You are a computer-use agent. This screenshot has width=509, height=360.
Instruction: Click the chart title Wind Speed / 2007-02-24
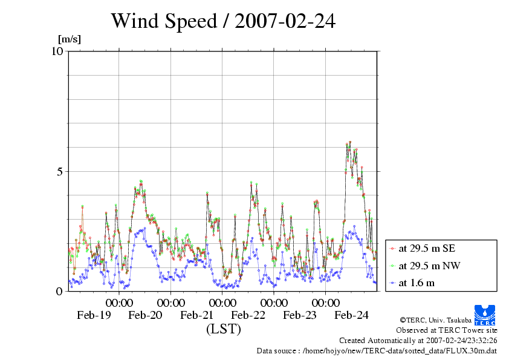tap(222, 21)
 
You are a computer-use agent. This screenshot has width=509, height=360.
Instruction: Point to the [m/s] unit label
tap(69, 40)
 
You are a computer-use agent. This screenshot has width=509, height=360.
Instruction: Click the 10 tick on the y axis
tap(57, 51)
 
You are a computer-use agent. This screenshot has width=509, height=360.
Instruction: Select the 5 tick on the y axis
tap(60, 171)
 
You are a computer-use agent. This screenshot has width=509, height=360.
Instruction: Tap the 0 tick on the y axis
tap(60, 291)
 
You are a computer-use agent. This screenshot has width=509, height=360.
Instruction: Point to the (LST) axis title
tap(223, 329)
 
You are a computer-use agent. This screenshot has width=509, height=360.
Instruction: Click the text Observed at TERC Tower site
tap(446, 330)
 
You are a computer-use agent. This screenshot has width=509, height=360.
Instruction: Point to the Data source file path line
tap(377, 350)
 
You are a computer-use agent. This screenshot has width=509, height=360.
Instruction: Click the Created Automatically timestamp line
tap(418, 341)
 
